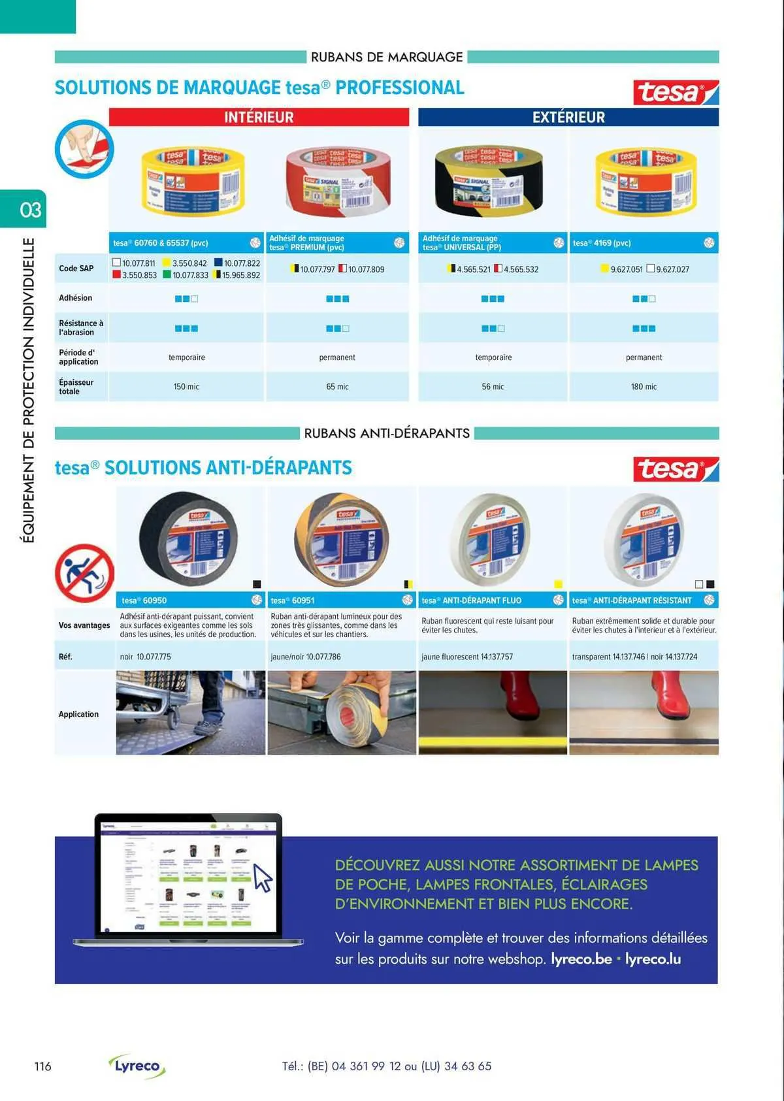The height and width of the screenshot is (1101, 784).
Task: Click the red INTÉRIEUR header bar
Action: [259, 117]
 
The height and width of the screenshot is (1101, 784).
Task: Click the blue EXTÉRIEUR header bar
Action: [568, 117]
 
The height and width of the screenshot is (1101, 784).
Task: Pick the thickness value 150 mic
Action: [186, 387]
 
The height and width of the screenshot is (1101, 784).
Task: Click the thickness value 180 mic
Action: [644, 387]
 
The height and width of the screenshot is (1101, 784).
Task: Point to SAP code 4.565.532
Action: [521, 269]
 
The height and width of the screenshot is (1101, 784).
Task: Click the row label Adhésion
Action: [76, 298]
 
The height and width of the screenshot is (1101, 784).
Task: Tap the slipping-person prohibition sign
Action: [84, 573]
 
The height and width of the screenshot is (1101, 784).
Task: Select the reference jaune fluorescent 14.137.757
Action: [467, 657]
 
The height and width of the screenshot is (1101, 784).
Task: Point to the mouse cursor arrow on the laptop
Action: [262, 877]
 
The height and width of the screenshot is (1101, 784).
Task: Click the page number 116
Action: [42, 1066]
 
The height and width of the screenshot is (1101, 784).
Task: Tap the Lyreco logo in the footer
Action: [137, 1066]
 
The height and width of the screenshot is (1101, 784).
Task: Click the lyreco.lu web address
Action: [653, 959]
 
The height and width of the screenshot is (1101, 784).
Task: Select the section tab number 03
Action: [29, 210]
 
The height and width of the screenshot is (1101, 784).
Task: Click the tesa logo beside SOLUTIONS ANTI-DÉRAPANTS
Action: [675, 468]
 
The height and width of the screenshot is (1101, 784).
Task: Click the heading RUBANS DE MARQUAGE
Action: [387, 57]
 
